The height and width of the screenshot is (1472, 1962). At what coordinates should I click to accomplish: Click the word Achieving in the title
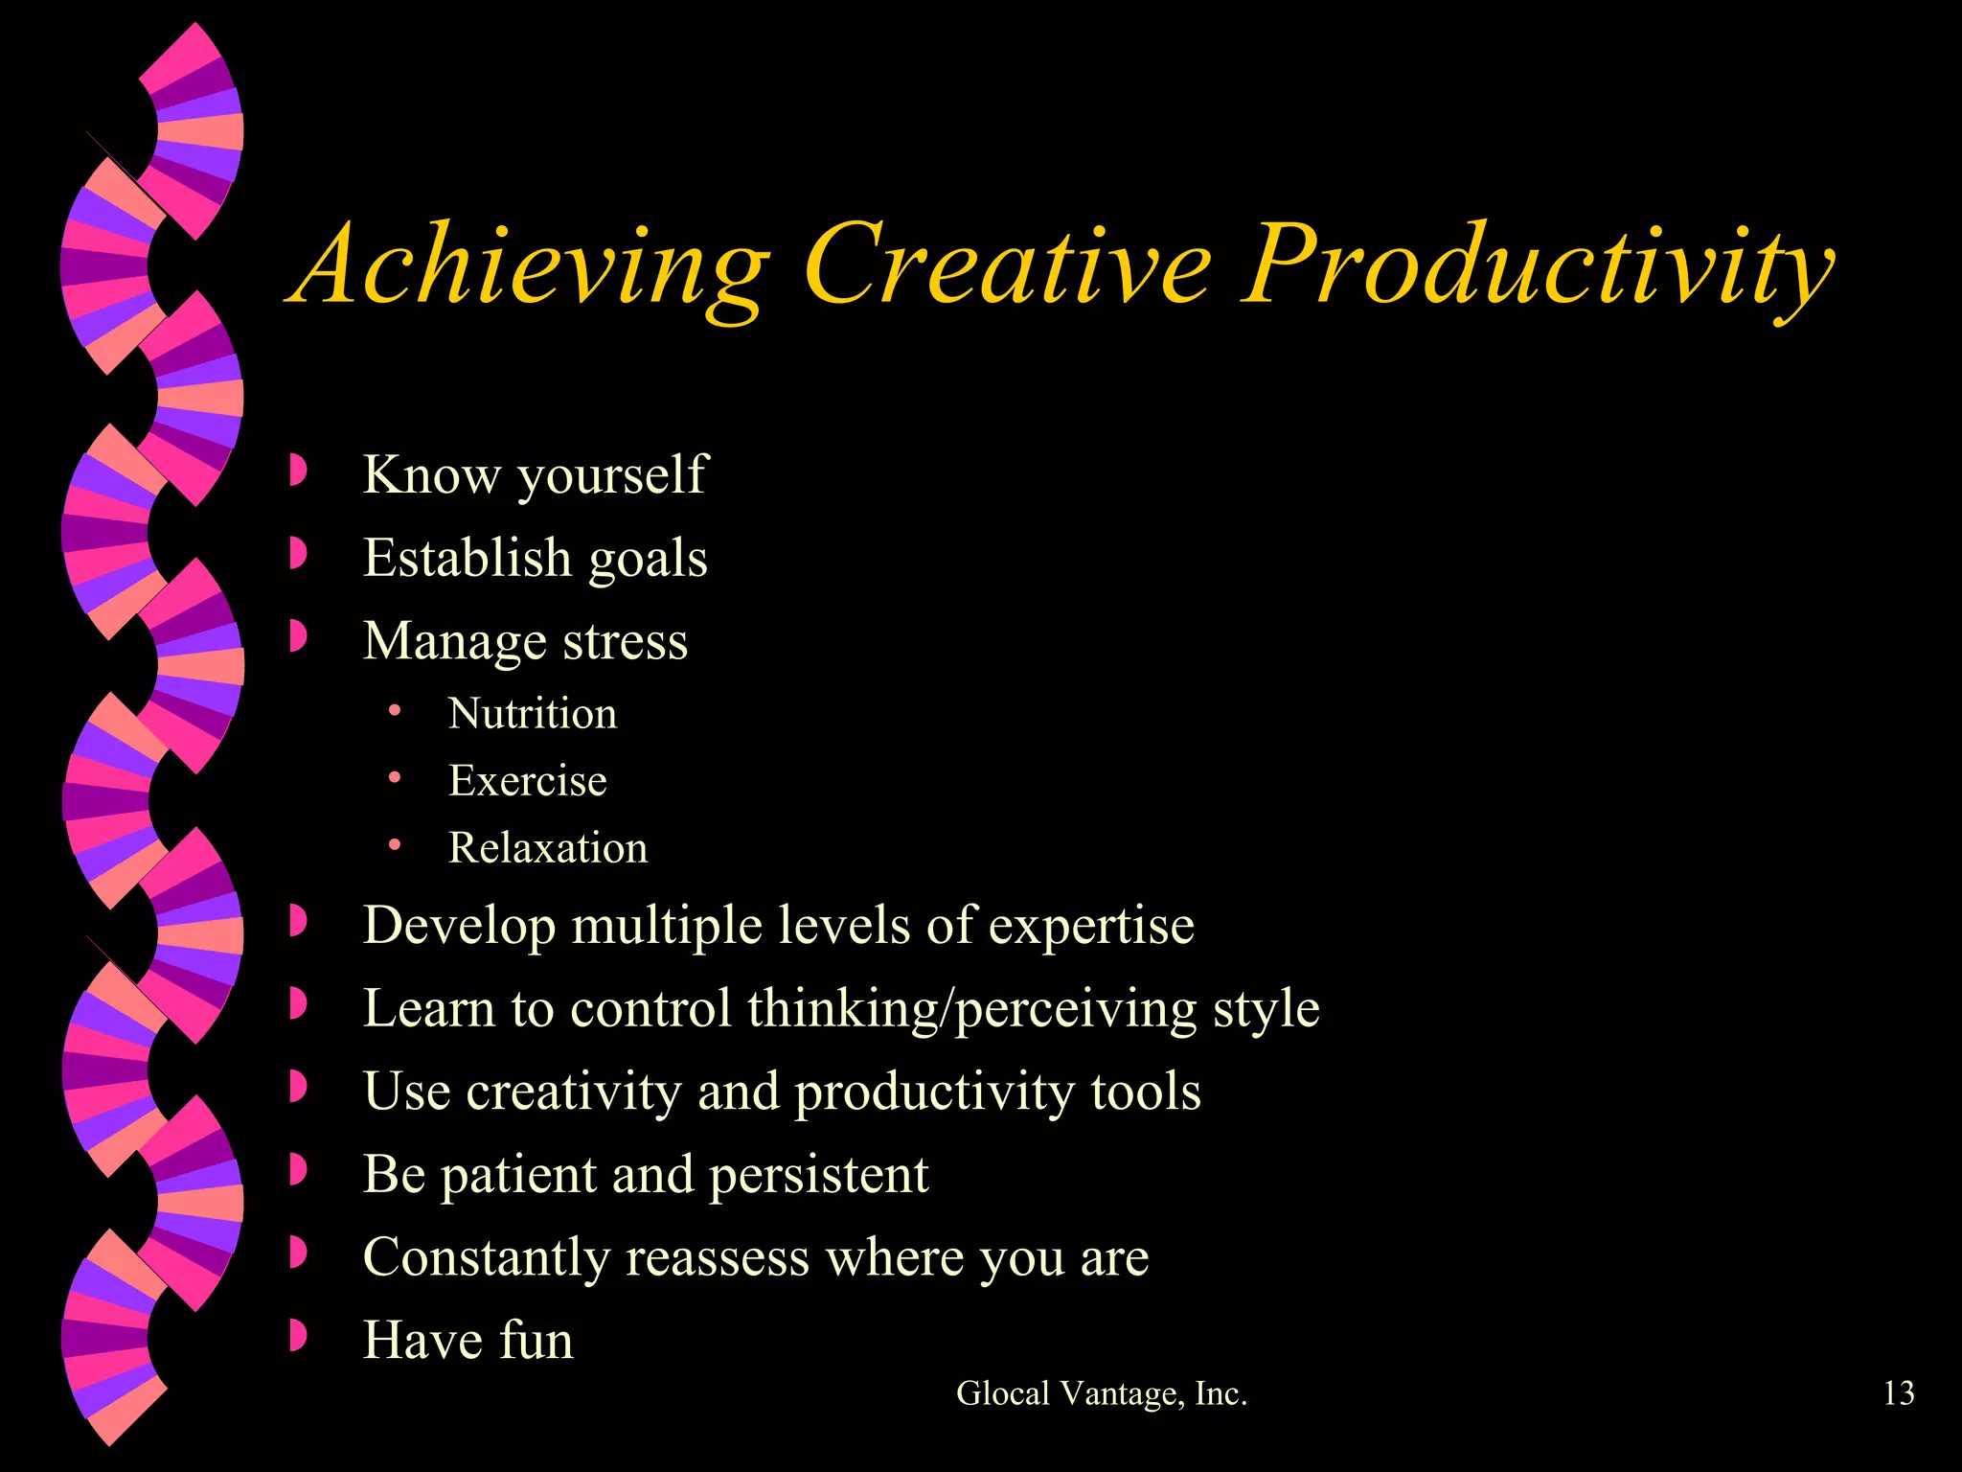pos(532,264)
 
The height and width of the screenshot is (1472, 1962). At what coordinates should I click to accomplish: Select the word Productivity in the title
pos(1537,264)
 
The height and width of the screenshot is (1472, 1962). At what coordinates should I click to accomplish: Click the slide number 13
pos(1898,1392)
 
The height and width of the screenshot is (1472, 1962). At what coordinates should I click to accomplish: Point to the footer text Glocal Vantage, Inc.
pos(1102,1393)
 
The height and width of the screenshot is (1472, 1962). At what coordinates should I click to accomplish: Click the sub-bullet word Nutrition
pos(533,714)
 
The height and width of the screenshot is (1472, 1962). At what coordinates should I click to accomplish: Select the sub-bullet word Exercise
pos(528,781)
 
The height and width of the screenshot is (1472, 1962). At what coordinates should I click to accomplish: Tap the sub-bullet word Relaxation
pos(548,848)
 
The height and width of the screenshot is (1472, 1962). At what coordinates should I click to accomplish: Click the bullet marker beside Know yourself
pos(298,471)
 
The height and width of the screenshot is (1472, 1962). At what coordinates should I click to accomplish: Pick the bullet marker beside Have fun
pos(298,1336)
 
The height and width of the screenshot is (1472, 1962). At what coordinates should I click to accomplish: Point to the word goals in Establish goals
pos(648,559)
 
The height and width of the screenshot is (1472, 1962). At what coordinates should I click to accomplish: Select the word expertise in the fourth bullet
pos(1091,927)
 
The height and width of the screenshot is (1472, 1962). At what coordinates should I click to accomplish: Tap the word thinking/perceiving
pos(972,1009)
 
